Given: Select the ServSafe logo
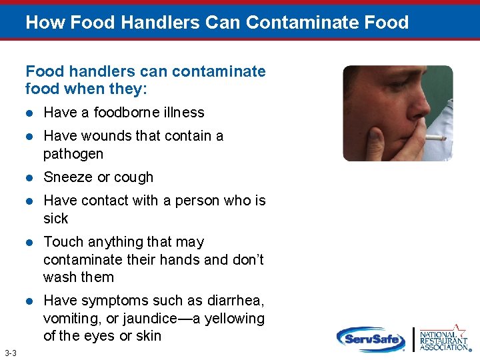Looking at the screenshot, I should (x=370, y=339).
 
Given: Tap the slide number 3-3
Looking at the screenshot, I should (x=10, y=352).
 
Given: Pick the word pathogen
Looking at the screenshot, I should (x=73, y=154).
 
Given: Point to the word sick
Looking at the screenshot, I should (x=56, y=219).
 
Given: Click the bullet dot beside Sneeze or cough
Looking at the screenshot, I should (x=29, y=178).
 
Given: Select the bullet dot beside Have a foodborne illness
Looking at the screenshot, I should (x=29, y=113).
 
